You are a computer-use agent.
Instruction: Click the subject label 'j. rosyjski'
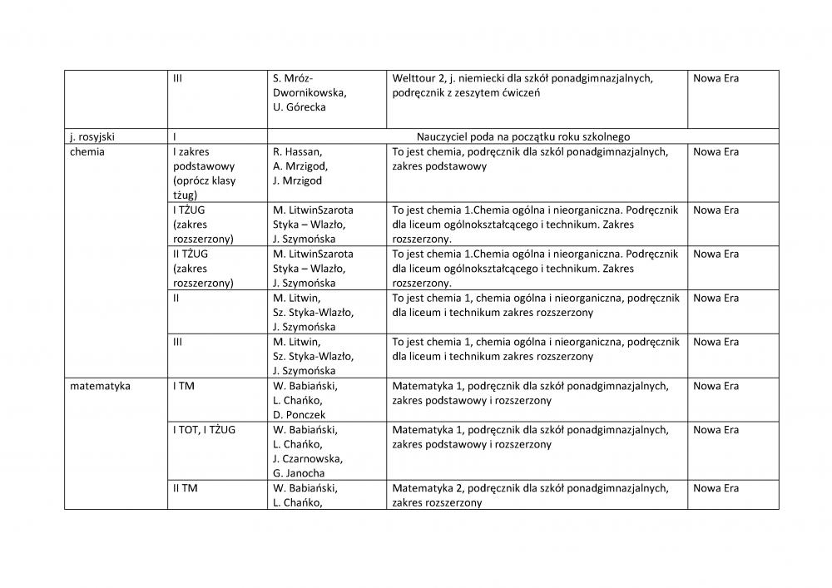(x=94, y=136)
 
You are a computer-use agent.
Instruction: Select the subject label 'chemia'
(x=87, y=151)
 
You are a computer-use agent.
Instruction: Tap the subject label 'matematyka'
(x=100, y=386)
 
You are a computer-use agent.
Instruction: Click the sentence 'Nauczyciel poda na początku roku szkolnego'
(x=523, y=136)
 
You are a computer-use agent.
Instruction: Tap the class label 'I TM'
(x=184, y=386)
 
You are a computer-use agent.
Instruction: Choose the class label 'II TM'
(x=186, y=488)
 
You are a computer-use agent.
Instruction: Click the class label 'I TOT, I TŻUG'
(x=204, y=430)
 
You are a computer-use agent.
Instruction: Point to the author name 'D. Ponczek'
(x=299, y=415)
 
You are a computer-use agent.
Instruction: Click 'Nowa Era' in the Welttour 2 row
(x=716, y=78)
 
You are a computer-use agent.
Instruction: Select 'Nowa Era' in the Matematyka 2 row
(x=716, y=488)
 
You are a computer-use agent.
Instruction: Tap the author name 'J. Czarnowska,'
(x=307, y=459)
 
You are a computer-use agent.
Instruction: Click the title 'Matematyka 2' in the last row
(x=428, y=488)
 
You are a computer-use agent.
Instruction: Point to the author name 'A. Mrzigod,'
(x=300, y=166)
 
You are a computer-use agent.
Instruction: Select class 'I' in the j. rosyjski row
(x=175, y=136)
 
